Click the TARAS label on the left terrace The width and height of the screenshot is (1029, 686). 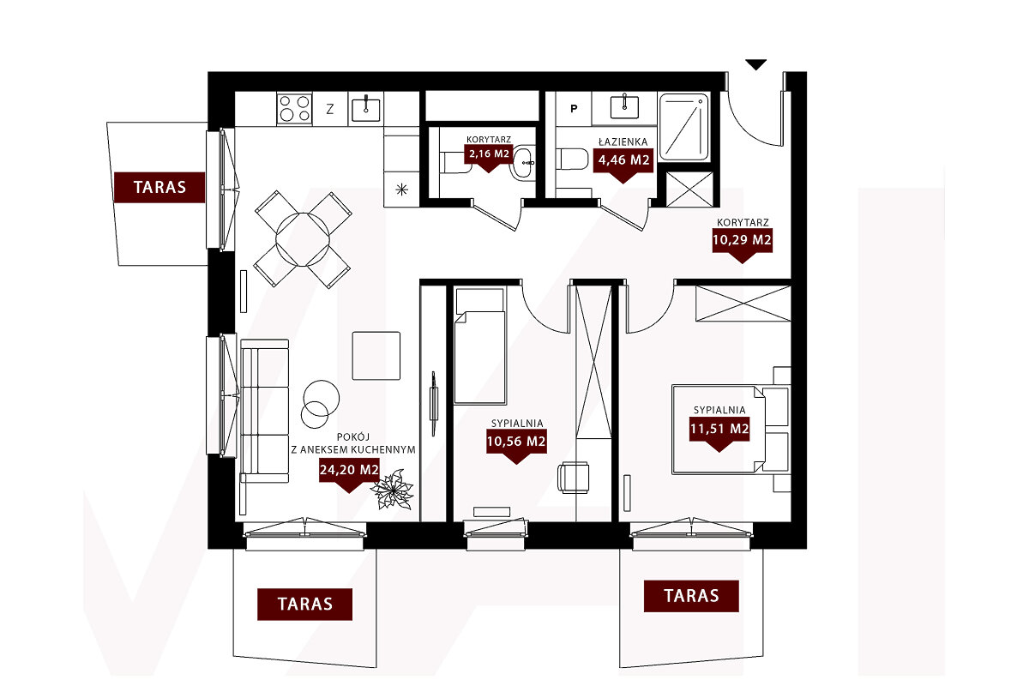159,187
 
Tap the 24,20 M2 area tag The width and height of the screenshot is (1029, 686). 349,470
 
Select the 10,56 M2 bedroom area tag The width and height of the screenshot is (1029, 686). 516,442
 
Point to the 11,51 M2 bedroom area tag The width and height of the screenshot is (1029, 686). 719,429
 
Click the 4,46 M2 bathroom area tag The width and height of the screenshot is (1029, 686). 623,160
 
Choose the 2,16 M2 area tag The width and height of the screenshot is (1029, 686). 489,154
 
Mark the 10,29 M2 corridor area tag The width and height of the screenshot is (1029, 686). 743,240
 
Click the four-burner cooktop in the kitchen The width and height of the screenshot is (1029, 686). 294,108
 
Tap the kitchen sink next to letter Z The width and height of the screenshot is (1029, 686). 365,109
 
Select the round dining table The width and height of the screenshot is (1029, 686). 303,239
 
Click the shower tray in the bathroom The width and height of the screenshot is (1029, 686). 683,126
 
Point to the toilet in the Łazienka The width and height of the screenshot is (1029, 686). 573,159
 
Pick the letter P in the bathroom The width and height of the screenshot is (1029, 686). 574,109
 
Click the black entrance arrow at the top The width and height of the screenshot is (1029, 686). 755,64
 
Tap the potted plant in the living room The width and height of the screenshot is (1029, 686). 393,490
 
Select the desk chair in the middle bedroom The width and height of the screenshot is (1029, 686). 574,478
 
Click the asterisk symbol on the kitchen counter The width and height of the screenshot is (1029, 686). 402,190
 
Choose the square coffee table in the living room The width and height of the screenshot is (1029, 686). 376,356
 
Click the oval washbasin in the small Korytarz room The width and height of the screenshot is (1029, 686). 523,162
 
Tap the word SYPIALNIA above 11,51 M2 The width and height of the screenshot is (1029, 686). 719,410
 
